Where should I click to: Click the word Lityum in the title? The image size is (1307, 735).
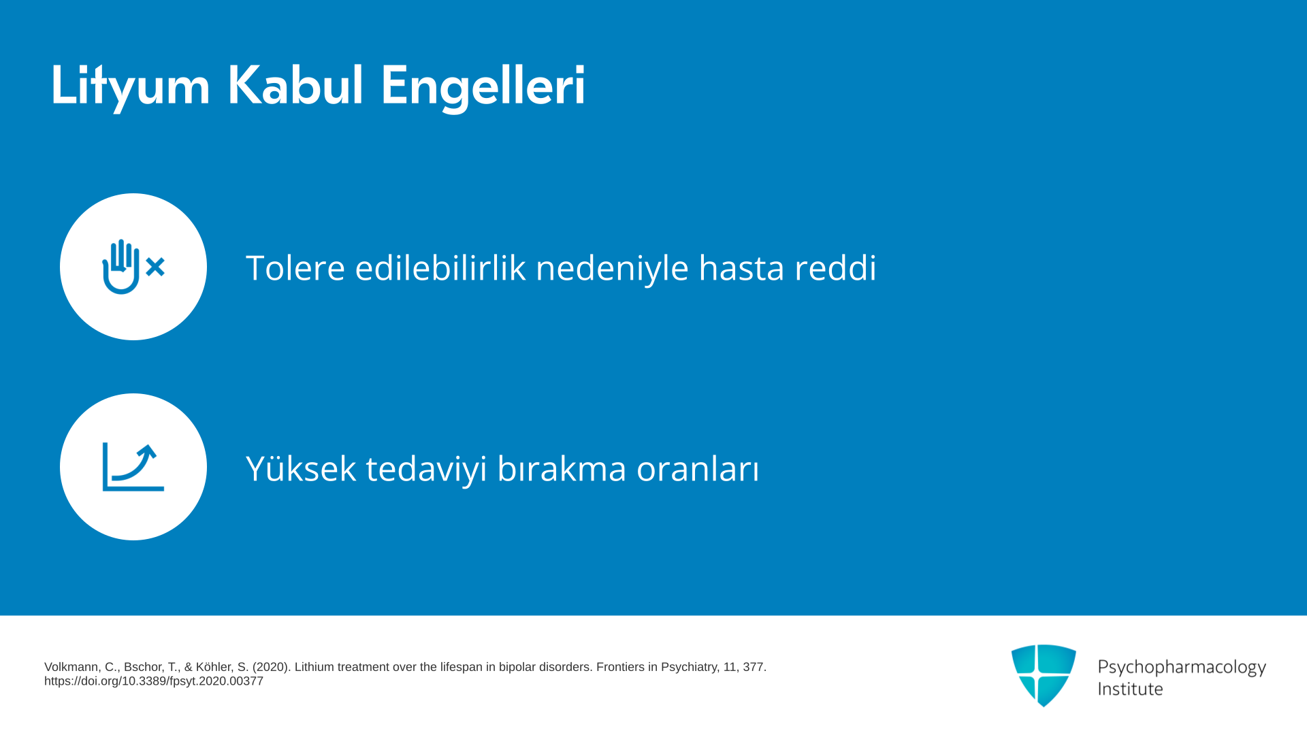point(130,86)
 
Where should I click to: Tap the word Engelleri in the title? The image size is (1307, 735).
point(483,86)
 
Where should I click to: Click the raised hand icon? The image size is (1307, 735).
point(121,267)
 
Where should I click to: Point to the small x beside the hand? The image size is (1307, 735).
point(155,267)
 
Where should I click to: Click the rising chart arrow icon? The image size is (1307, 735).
point(133,467)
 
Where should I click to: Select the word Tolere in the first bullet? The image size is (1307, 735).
point(295,267)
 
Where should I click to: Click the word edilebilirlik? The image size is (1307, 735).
point(440,267)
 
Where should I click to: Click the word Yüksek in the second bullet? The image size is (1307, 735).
point(301,468)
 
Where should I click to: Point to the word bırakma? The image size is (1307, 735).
point(562,468)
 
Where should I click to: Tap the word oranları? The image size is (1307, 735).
point(698,469)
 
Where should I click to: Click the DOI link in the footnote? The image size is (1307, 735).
point(154,681)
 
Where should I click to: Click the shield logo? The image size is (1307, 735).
point(1044,675)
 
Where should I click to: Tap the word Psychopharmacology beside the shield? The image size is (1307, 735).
point(1182,668)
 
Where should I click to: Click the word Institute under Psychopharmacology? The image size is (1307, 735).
point(1131,689)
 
